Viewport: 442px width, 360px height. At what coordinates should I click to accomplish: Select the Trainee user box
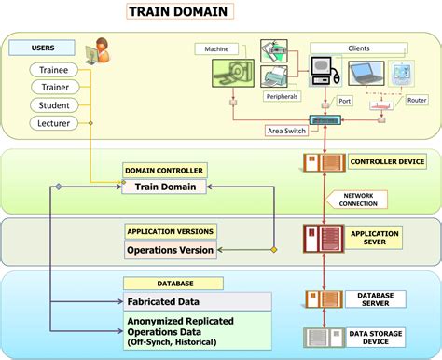59,70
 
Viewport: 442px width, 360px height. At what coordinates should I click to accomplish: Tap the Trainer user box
59,88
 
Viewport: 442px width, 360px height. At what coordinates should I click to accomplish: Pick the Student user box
59,105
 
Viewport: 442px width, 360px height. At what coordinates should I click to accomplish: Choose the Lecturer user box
59,123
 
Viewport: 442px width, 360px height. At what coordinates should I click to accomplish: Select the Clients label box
359,48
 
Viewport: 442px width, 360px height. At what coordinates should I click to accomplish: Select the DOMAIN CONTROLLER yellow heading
164,171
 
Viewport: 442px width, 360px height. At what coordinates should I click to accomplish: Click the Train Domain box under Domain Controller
164,187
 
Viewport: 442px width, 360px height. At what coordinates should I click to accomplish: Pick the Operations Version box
170,250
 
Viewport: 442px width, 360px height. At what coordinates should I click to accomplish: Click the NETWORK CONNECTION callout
357,199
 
